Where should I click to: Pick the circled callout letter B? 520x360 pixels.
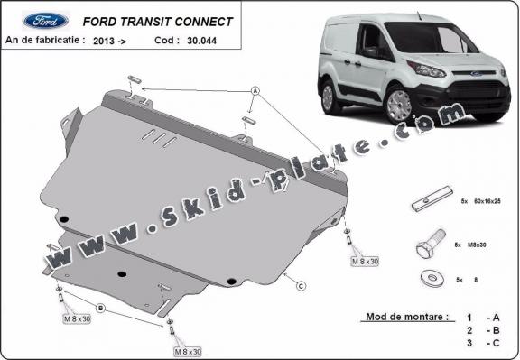pyautogui.click(x=101, y=309)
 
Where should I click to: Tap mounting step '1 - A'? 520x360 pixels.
pyautogui.click(x=479, y=318)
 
